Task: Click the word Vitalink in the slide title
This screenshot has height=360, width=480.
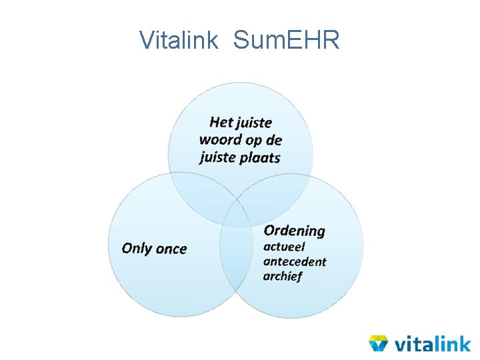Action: pyautogui.click(x=178, y=40)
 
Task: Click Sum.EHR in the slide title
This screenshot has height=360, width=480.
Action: pyautogui.click(x=287, y=40)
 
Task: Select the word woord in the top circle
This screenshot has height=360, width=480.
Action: pyautogui.click(x=221, y=140)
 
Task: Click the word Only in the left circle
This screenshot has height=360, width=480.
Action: pyautogui.click(x=137, y=249)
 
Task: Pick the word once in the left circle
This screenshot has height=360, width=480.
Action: pyautogui.click(x=171, y=249)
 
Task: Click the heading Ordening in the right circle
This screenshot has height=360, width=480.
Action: pyautogui.click(x=294, y=231)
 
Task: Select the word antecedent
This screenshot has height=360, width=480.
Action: pyautogui.click(x=295, y=261)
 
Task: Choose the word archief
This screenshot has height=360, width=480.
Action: pyautogui.click(x=283, y=275)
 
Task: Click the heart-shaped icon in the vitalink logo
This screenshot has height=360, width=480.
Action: pyautogui.click(x=379, y=343)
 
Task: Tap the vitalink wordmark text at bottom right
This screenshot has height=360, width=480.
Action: pyautogui.click(x=432, y=343)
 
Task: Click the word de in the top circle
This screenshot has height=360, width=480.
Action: pyautogui.click(x=274, y=140)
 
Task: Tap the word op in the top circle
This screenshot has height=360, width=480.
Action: pyautogui.click(x=253, y=141)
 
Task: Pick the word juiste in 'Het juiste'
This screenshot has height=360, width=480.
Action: pyautogui.click(x=253, y=122)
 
